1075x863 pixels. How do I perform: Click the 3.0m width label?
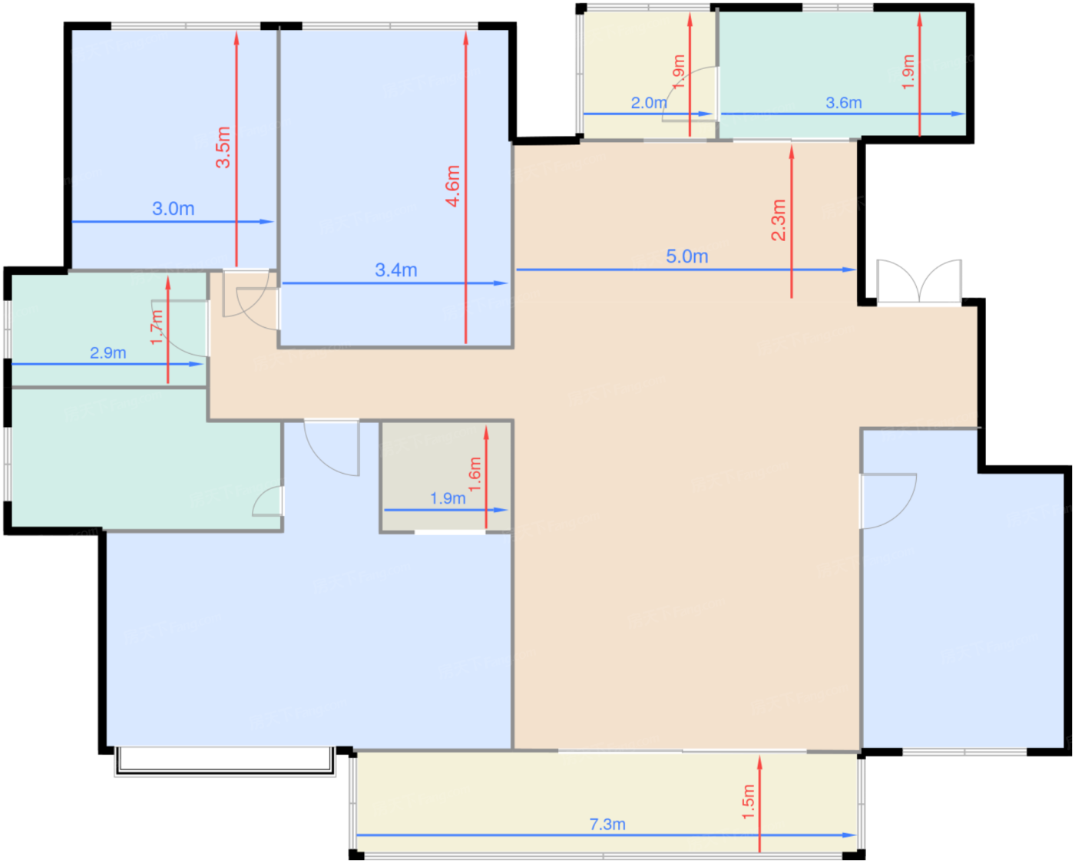click(x=173, y=208)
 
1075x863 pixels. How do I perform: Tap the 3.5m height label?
click(x=223, y=147)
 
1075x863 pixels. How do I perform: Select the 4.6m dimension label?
click(x=452, y=186)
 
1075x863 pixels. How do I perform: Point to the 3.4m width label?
click(x=396, y=270)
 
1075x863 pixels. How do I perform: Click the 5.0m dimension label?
click(x=687, y=256)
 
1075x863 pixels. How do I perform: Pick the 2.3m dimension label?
click(x=779, y=220)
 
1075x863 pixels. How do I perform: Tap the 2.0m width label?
click(x=649, y=103)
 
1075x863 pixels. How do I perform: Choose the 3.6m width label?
click(x=844, y=103)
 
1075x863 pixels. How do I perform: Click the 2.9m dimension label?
click(x=108, y=353)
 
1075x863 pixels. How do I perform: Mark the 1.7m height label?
click(x=157, y=327)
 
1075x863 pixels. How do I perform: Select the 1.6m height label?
click(x=475, y=474)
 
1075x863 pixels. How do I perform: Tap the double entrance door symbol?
click(x=919, y=281)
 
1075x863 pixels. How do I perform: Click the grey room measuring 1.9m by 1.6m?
click(x=447, y=476)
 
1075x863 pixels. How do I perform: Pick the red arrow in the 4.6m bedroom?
click(x=465, y=188)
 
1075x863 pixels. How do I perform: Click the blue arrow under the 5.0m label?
click(x=686, y=269)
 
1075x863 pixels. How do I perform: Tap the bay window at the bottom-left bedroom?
click(x=225, y=762)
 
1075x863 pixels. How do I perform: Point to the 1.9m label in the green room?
click(x=908, y=72)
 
